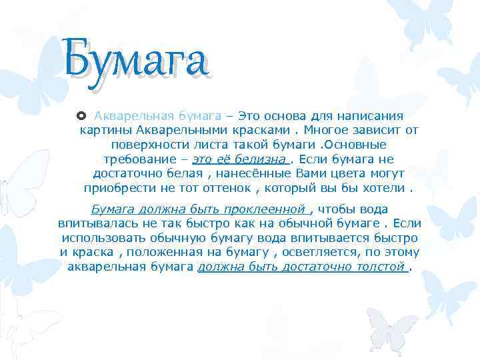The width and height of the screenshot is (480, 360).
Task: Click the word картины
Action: pos(103,130)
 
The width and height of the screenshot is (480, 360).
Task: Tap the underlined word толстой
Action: pos(381,267)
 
